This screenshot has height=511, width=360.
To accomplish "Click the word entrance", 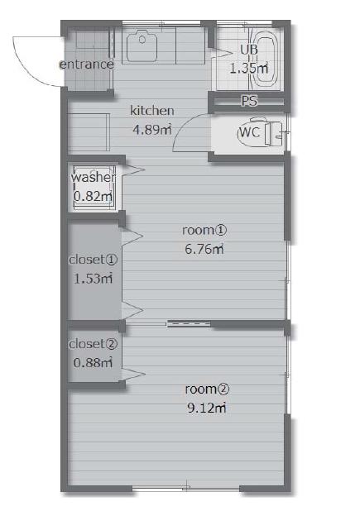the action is click(x=86, y=64).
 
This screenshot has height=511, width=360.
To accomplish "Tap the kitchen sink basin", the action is click(x=142, y=46).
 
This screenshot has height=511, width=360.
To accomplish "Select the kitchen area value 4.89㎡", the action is click(x=152, y=130).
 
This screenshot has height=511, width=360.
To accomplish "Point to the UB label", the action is click(x=249, y=50).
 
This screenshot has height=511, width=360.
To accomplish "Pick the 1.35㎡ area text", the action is click(x=249, y=69).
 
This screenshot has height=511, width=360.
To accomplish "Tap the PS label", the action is click(x=249, y=101).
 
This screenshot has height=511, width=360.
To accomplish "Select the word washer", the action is click(x=94, y=177).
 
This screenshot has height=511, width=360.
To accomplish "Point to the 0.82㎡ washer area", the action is click(x=94, y=196).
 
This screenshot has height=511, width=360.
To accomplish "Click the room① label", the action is click(x=204, y=230).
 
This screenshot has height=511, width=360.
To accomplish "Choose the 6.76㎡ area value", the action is click(x=204, y=250).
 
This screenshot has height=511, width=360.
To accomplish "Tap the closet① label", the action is click(x=94, y=260).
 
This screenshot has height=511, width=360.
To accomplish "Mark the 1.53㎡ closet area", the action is click(x=94, y=279).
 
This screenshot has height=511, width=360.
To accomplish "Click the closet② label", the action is click(x=93, y=344).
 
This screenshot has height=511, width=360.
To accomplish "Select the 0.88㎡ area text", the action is click(x=94, y=363).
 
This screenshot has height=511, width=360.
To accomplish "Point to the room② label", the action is click(x=207, y=389).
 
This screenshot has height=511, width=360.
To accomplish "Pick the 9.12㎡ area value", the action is click(x=207, y=408).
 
